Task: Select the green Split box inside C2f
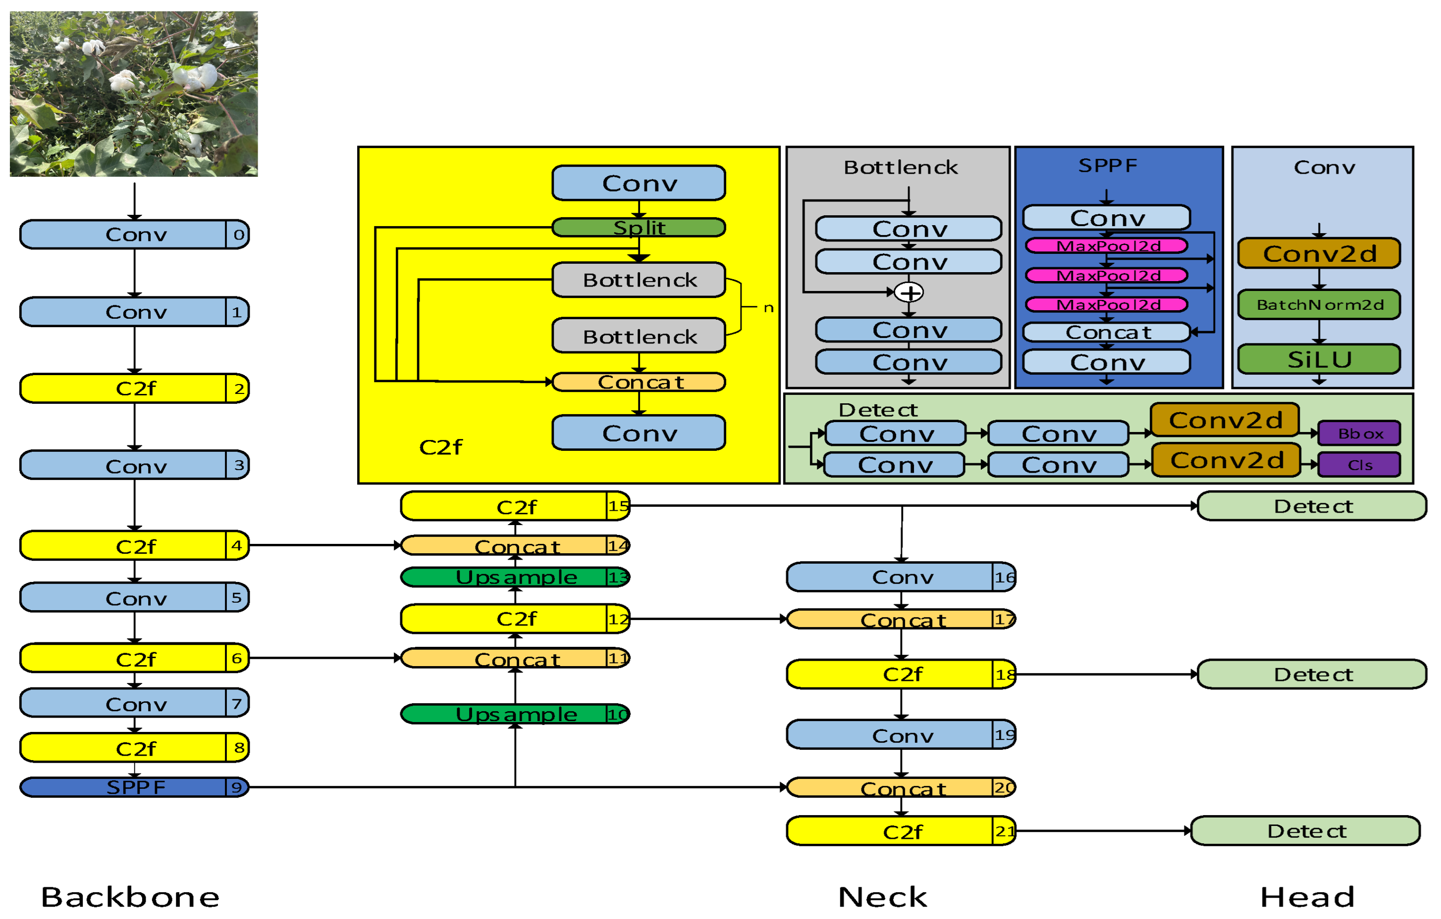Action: click(x=639, y=227)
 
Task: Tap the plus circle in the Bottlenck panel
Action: click(x=909, y=293)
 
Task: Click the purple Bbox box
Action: click(x=1359, y=434)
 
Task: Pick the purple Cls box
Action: click(x=1359, y=465)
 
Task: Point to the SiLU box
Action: click(x=1319, y=359)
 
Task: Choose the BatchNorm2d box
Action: click(x=1319, y=305)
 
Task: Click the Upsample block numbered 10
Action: click(x=515, y=714)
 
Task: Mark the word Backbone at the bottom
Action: click(x=130, y=897)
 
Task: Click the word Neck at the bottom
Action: click(x=883, y=897)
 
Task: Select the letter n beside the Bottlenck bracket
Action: click(x=768, y=308)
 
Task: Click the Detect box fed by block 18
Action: click(x=1312, y=675)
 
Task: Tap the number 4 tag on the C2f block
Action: click(x=237, y=545)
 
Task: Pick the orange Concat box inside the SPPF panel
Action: click(x=1107, y=332)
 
